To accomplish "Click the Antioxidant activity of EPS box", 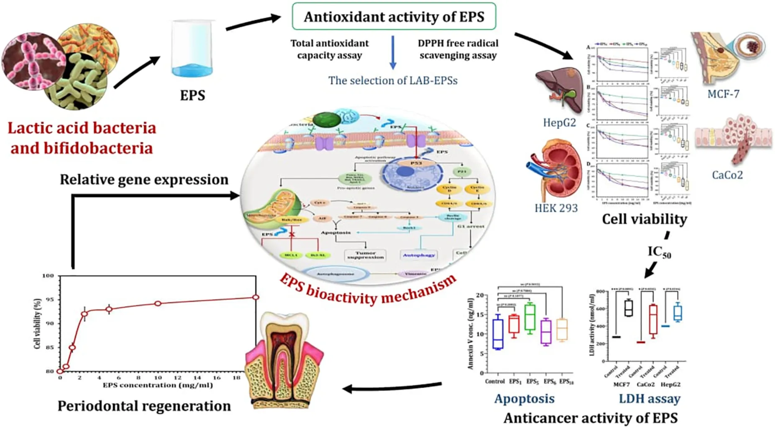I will (394, 16).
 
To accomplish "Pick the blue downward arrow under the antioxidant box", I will (393, 53).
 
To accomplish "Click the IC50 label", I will (659, 252).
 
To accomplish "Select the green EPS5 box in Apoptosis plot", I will (530, 316).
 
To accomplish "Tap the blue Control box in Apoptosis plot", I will (498, 334).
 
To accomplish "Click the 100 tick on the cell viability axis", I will (48, 276).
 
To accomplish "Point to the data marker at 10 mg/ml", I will (158, 304).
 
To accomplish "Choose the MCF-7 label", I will (723, 94).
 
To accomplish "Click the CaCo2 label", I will (727, 175).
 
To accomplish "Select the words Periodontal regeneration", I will (144, 406).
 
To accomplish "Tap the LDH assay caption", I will (650, 399).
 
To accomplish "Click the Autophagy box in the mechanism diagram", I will (419, 255).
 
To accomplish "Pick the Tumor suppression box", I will (365, 255).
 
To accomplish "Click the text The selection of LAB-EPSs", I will (393, 80).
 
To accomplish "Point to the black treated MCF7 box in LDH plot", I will (628, 308).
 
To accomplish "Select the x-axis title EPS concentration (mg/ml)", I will (158, 385).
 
